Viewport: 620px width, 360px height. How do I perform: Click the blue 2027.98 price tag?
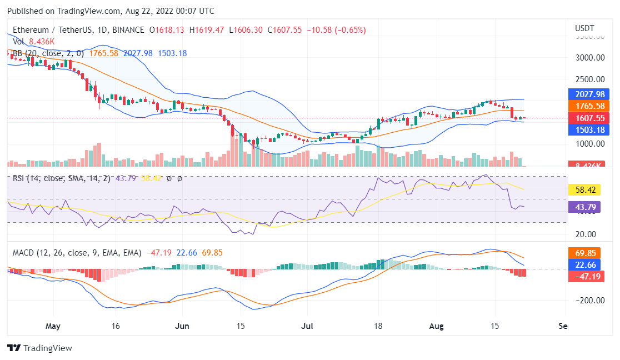click(x=589, y=94)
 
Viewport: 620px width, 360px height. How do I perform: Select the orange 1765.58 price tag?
click(x=589, y=106)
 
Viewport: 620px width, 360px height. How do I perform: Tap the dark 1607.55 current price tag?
click(x=589, y=118)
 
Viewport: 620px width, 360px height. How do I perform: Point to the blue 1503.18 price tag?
click(x=589, y=130)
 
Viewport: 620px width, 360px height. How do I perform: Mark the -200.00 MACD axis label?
click(x=589, y=301)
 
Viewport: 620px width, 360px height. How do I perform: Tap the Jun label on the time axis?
click(x=182, y=326)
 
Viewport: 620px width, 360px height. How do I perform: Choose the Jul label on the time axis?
click(x=306, y=326)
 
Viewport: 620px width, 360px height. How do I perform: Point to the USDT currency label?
click(x=584, y=28)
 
